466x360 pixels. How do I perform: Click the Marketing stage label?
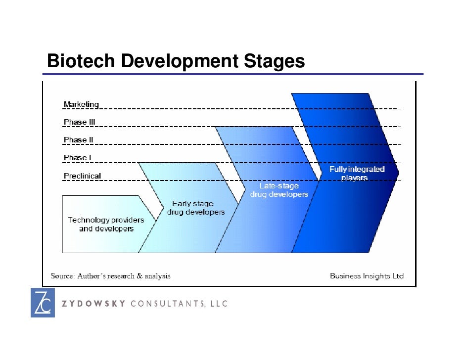pos(81,104)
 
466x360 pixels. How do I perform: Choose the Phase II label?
pos(78,140)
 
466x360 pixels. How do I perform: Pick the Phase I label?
pos(77,158)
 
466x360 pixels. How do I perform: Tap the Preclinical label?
pos(82,176)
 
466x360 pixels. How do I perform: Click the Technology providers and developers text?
pos(106,224)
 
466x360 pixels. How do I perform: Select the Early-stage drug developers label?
pos(195,208)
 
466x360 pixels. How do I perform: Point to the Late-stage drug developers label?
pos(279,190)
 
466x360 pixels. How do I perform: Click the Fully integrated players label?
pos(357,173)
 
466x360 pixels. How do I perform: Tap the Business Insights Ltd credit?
pos(367,275)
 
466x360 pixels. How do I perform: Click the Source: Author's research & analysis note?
pos(111,275)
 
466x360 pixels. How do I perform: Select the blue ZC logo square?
pos(43,302)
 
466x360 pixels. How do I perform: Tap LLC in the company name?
pos(217,304)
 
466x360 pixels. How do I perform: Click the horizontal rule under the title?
pos(233,75)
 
